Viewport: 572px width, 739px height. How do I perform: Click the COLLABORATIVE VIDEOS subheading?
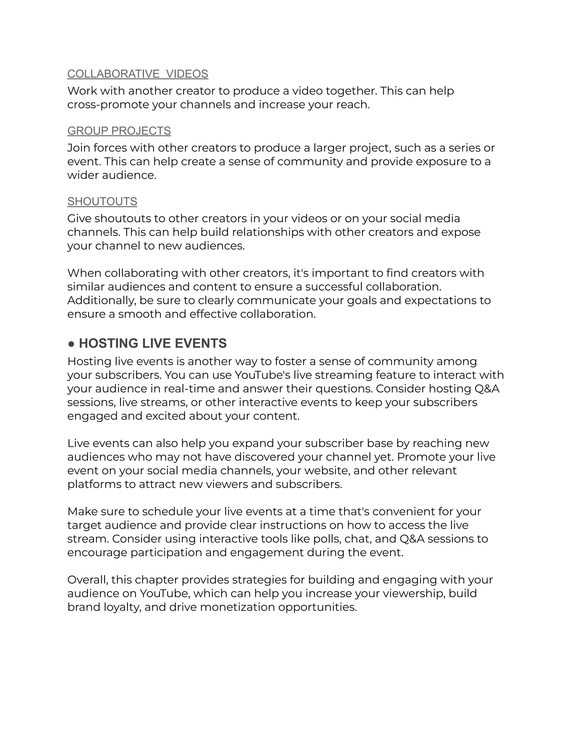tap(138, 74)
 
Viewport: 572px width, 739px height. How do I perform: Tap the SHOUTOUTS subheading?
tap(102, 201)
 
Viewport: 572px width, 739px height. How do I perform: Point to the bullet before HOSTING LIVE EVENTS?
tap(71, 344)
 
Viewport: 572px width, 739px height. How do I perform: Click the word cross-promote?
tap(108, 105)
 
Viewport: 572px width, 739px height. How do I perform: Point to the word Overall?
tap(88, 580)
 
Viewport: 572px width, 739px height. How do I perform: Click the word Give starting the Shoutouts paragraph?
tap(79, 219)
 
